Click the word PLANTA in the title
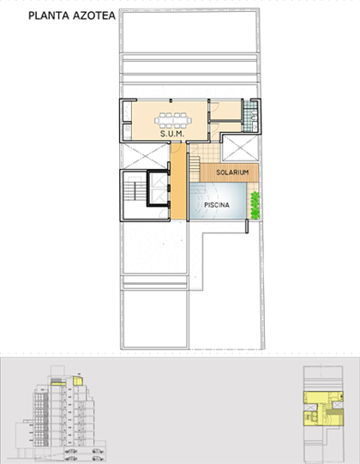click(x=49, y=15)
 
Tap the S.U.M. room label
click(x=172, y=134)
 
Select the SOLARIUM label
click(x=232, y=172)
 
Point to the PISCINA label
click(x=217, y=205)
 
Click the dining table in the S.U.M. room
click(x=173, y=120)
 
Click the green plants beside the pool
click(x=255, y=205)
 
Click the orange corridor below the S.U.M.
click(x=178, y=181)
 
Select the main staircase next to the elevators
click(x=135, y=191)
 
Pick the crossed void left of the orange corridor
click(x=145, y=156)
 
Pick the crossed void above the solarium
click(x=240, y=148)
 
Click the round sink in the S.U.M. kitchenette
click(x=128, y=129)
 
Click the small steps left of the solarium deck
click(x=195, y=169)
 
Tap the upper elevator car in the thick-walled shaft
click(x=159, y=180)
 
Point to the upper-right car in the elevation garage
click(x=98, y=450)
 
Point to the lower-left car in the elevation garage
click(x=70, y=458)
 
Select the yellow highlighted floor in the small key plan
click(x=323, y=408)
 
